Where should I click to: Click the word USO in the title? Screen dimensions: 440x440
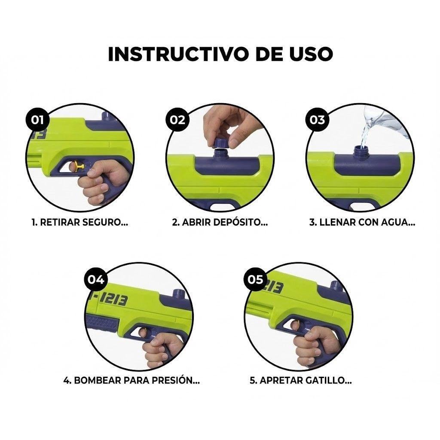[308, 54]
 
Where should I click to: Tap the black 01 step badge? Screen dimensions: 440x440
[38, 119]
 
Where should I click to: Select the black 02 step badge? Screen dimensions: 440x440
[177, 119]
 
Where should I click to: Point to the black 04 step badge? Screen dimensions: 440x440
[96, 279]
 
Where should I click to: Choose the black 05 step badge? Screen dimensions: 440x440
[255, 279]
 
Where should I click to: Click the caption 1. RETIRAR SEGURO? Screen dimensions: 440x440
[80, 223]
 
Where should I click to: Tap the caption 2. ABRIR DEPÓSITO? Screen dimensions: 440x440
[220, 223]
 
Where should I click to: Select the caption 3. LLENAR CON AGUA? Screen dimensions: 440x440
[362, 223]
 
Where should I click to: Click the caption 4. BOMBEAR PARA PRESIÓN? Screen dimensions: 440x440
[131, 381]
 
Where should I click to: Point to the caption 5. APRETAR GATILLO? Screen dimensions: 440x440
[300, 381]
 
